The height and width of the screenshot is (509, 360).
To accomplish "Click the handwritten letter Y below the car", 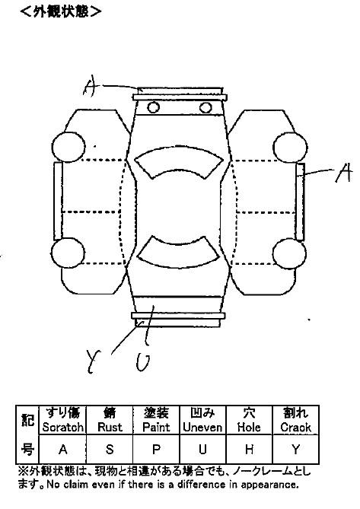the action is coord(94,361).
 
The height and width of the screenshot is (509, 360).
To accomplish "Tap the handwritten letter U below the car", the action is coord(143,362).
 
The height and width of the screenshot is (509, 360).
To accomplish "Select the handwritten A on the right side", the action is coord(344,172).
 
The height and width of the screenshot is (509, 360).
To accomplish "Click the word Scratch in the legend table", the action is coord(63,427).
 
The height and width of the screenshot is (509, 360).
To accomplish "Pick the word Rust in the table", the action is coord(110,427).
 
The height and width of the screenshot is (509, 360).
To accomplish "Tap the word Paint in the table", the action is coord(156,427).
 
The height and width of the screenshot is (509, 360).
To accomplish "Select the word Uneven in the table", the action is coord(202,427).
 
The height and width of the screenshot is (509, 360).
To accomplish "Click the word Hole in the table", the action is coord(249,427).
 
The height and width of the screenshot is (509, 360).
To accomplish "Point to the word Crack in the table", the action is coord(296,427).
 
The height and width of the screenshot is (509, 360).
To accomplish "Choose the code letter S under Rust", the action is coord(110,449).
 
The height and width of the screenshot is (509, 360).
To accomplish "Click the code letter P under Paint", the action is coord(156,449).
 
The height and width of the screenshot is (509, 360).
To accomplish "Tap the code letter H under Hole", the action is coord(249,449).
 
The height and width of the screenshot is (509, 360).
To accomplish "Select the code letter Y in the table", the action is coord(296,449).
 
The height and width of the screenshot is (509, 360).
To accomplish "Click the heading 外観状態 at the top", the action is coord(60,11).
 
